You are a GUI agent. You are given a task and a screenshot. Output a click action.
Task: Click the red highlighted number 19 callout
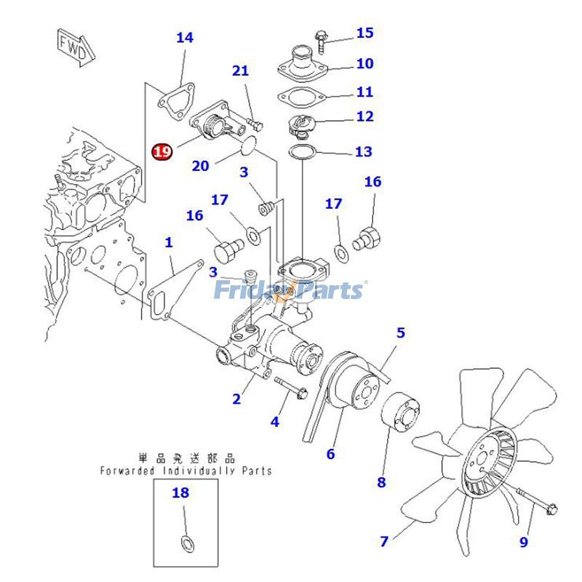click(162, 151)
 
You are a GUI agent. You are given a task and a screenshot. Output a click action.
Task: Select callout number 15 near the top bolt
click(364, 33)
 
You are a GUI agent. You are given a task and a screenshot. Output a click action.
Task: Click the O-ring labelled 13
click(301, 152)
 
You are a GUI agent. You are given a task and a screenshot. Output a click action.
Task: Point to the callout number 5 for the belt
click(400, 333)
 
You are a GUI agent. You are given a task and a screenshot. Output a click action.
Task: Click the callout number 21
click(240, 71)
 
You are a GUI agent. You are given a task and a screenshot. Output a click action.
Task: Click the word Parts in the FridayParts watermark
click(331, 291)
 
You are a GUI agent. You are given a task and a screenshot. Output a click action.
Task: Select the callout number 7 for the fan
click(383, 541)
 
